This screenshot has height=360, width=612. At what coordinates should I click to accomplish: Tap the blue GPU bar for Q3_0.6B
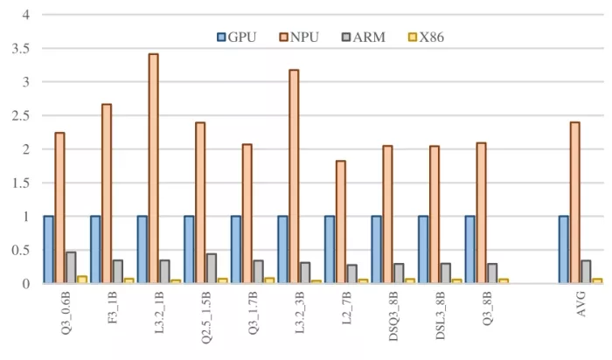49,250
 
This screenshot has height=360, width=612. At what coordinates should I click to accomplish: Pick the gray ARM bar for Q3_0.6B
70,267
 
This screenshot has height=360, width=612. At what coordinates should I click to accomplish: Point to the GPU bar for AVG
564,250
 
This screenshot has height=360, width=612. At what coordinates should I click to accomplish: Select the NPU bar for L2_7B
340,222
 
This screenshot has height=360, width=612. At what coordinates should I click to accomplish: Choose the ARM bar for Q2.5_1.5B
211,268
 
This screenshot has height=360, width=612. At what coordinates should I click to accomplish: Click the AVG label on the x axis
581,305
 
